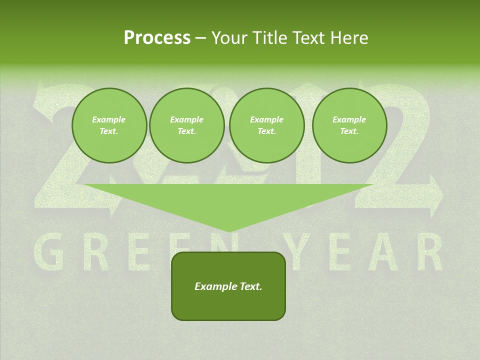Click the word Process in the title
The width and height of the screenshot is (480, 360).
tap(157, 38)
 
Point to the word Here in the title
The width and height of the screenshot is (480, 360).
tap(349, 38)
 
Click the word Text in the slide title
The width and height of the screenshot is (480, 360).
tap(309, 38)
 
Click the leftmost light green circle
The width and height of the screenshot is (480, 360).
tap(109, 125)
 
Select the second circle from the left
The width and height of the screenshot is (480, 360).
tap(186, 125)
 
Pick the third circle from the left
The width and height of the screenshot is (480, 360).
tap(266, 125)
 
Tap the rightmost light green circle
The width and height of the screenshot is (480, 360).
tap(349, 125)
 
